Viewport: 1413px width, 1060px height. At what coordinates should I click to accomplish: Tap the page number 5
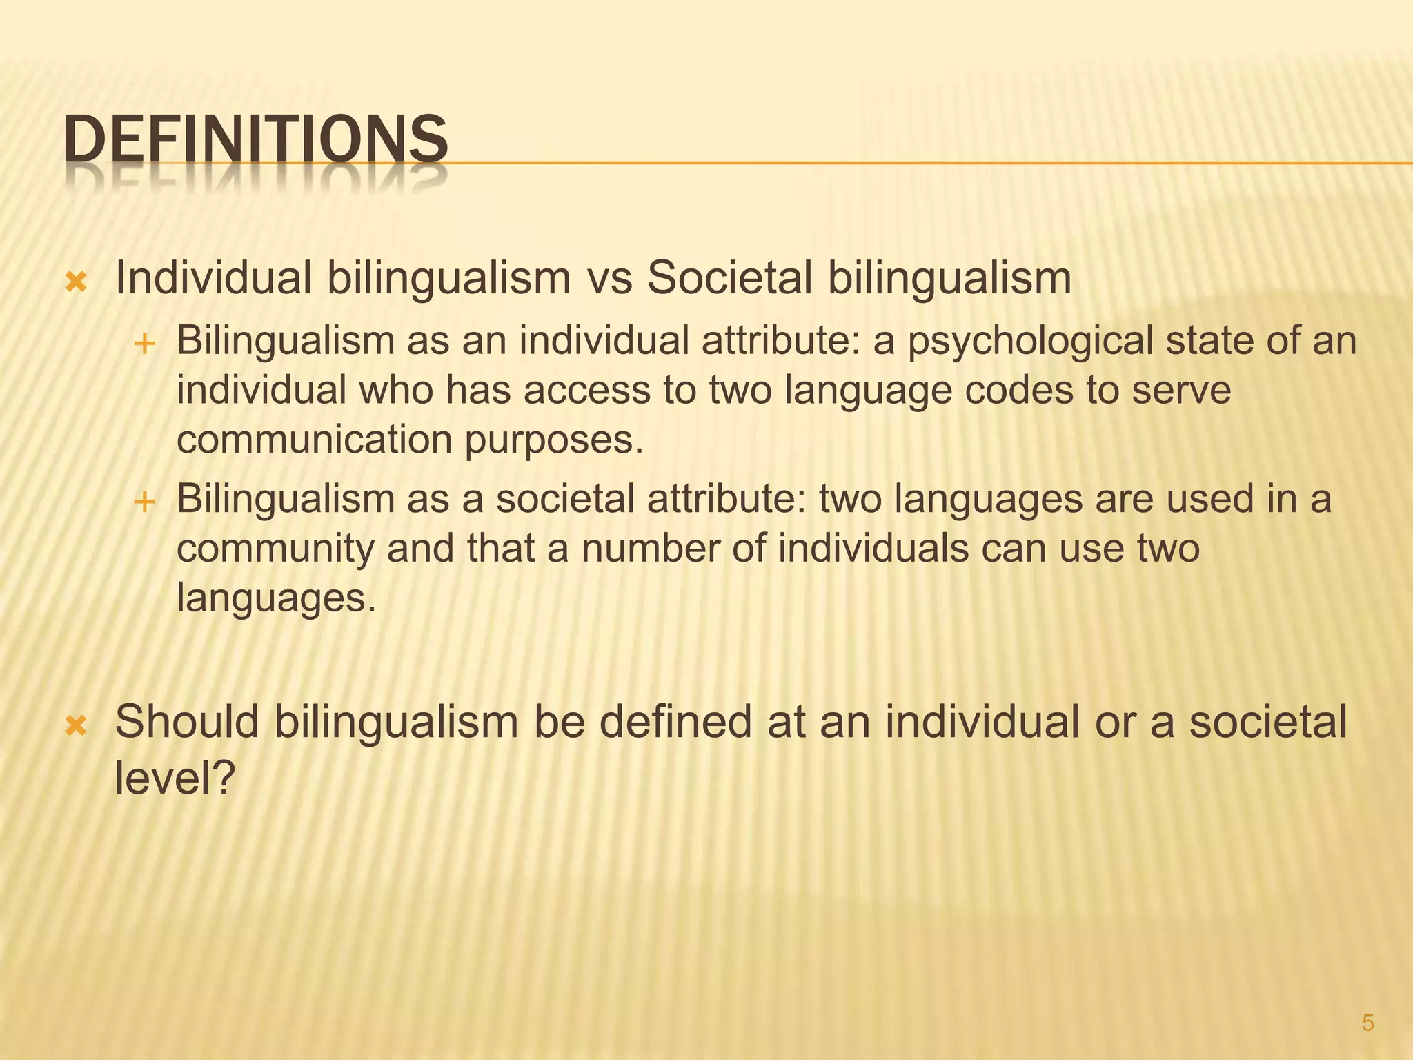pyautogui.click(x=1368, y=1023)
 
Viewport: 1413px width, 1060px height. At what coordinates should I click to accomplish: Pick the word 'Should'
pyautogui.click(x=187, y=722)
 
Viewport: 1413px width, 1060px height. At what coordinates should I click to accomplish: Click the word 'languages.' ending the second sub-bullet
pyautogui.click(x=277, y=597)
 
